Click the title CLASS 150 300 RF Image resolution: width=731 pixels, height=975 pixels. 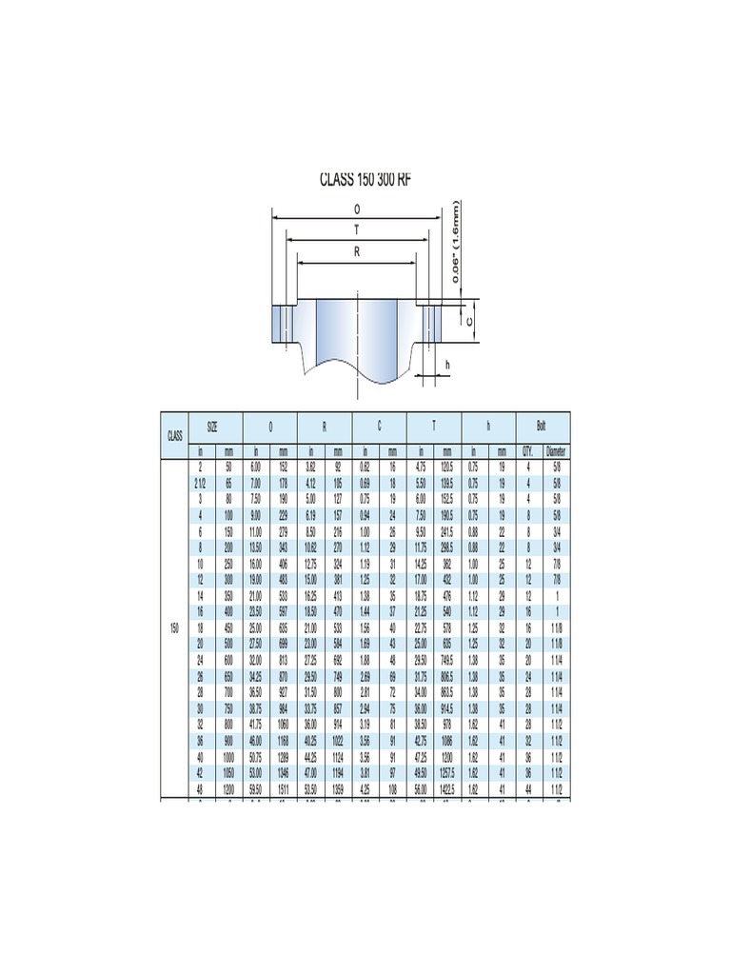pos(365,179)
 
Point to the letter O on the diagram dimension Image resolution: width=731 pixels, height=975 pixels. pos(357,209)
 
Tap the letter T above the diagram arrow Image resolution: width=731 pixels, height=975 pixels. pos(357,230)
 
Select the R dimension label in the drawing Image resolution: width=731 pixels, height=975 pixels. pos(357,252)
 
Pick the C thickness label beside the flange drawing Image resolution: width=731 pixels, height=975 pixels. pos(469,321)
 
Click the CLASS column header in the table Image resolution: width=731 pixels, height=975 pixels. pos(174,436)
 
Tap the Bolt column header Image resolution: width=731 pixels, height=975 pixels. pos(542,428)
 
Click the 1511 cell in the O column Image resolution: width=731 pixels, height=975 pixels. pos(284,790)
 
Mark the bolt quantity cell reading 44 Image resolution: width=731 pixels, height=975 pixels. pos(528,790)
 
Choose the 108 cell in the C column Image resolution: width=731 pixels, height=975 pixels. pos(393,790)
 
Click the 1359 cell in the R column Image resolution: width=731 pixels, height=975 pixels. pos(339,790)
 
